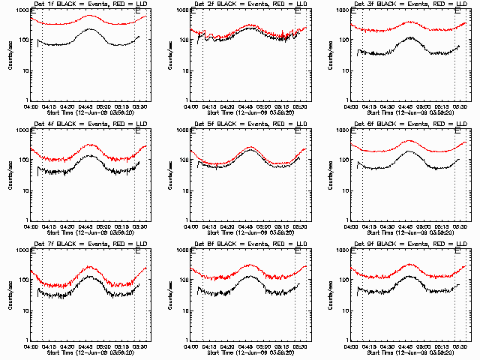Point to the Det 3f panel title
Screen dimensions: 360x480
[x=409, y=4]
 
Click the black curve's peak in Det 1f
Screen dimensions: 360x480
[x=88, y=29]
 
